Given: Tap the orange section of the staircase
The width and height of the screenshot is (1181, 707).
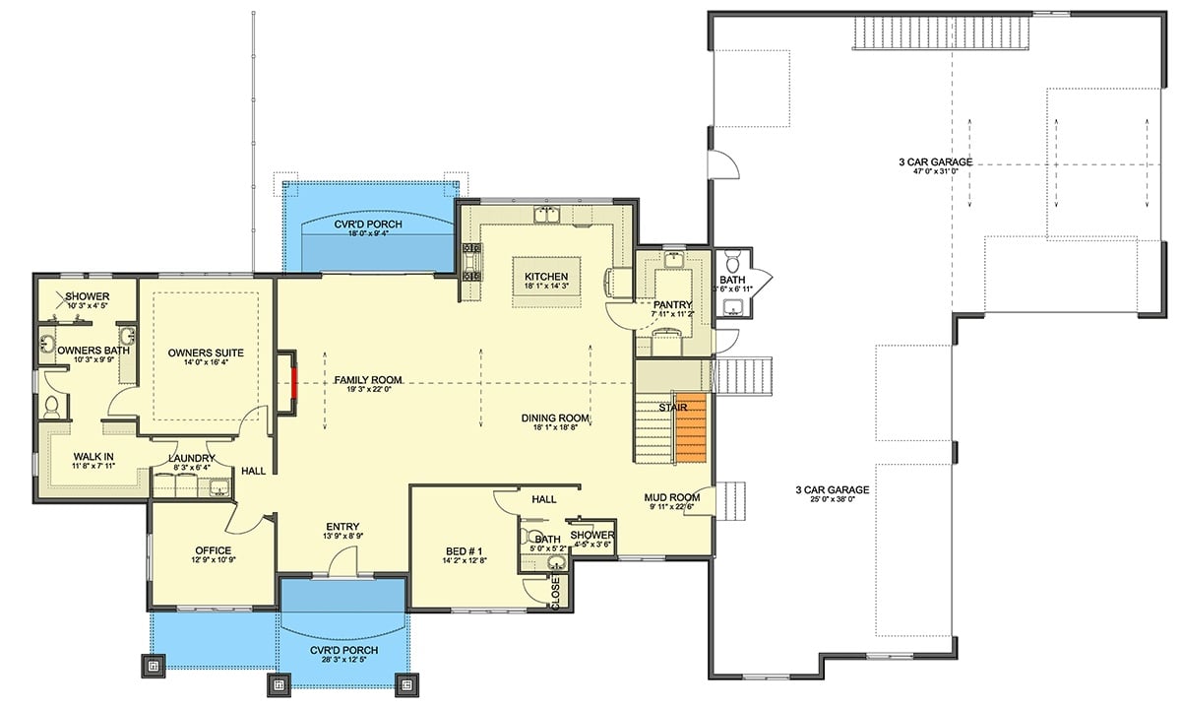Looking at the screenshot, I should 692,427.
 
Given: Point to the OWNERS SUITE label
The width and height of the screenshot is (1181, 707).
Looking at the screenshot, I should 206,352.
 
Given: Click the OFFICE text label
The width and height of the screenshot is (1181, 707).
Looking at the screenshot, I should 213,550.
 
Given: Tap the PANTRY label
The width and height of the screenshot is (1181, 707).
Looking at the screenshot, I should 674,305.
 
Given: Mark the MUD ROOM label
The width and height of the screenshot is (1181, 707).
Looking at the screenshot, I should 672,497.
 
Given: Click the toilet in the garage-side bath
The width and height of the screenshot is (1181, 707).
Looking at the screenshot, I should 730,264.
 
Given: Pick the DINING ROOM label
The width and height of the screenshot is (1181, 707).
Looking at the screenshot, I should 555,418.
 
